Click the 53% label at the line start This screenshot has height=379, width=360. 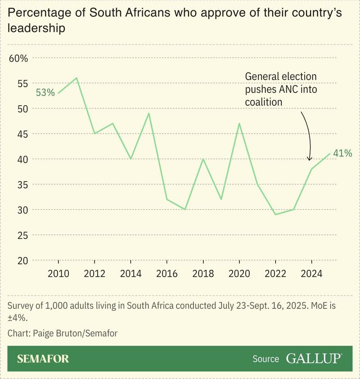[45, 93]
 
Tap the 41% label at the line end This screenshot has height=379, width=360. [342, 153]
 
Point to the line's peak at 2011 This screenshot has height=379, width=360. [76, 78]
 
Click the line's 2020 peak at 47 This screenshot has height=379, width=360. [239, 123]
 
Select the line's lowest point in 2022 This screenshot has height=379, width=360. [275, 214]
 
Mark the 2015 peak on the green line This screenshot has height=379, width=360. [149, 113]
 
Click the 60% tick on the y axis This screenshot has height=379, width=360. [18, 58]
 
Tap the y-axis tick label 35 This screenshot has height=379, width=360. [22, 185]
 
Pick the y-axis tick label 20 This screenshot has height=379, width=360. [22, 261]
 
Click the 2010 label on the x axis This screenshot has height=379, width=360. [58, 274]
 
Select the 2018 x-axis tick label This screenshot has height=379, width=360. [203, 274]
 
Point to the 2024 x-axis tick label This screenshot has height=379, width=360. [311, 274]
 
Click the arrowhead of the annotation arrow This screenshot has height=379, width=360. [309, 159]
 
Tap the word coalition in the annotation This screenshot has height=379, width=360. [263, 103]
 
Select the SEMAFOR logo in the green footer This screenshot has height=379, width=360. [43, 359]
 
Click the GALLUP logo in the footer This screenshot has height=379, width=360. [314, 358]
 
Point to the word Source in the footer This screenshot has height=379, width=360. [265, 359]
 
